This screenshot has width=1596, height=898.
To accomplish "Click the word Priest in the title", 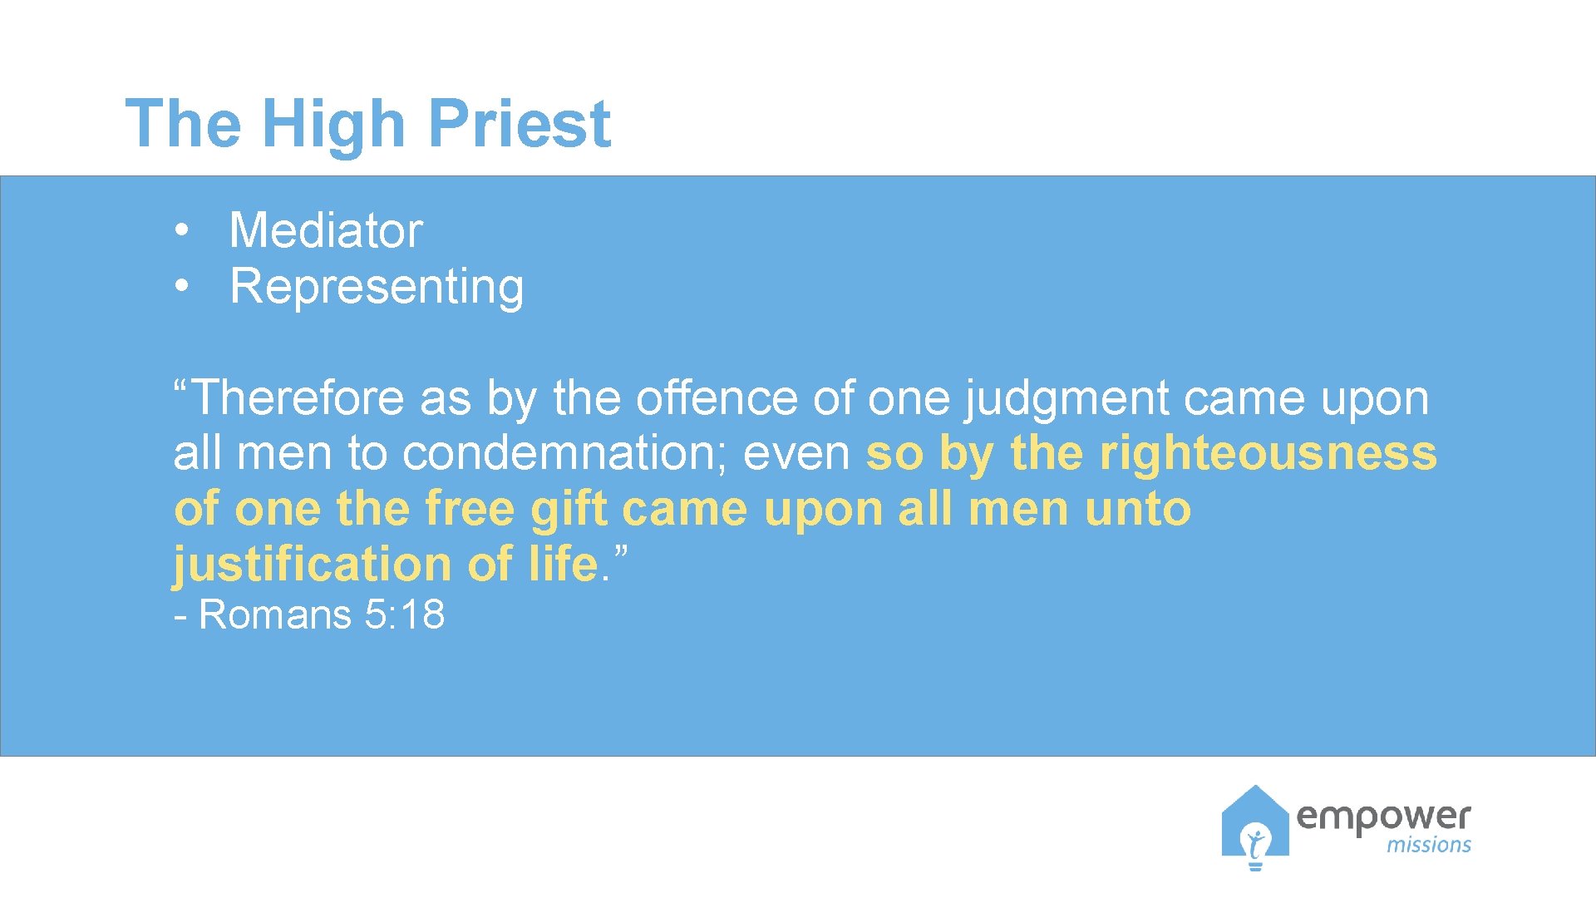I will coord(520,124).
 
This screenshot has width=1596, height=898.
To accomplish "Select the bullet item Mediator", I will coord(326,230).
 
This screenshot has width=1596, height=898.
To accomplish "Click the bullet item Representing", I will coord(377,287).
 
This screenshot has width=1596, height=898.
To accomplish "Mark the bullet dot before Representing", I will coord(182,286).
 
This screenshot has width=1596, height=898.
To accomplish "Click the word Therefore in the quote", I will coord(299,397).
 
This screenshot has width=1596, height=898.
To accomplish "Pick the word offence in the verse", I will coord(717,397).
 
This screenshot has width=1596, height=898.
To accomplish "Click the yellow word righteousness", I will coord(1268,454).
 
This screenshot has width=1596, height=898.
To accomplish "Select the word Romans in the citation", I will coord(275,615).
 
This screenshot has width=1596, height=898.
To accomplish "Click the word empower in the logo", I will coord(1383,818).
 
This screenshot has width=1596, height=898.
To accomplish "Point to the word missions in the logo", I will coord(1428,845).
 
